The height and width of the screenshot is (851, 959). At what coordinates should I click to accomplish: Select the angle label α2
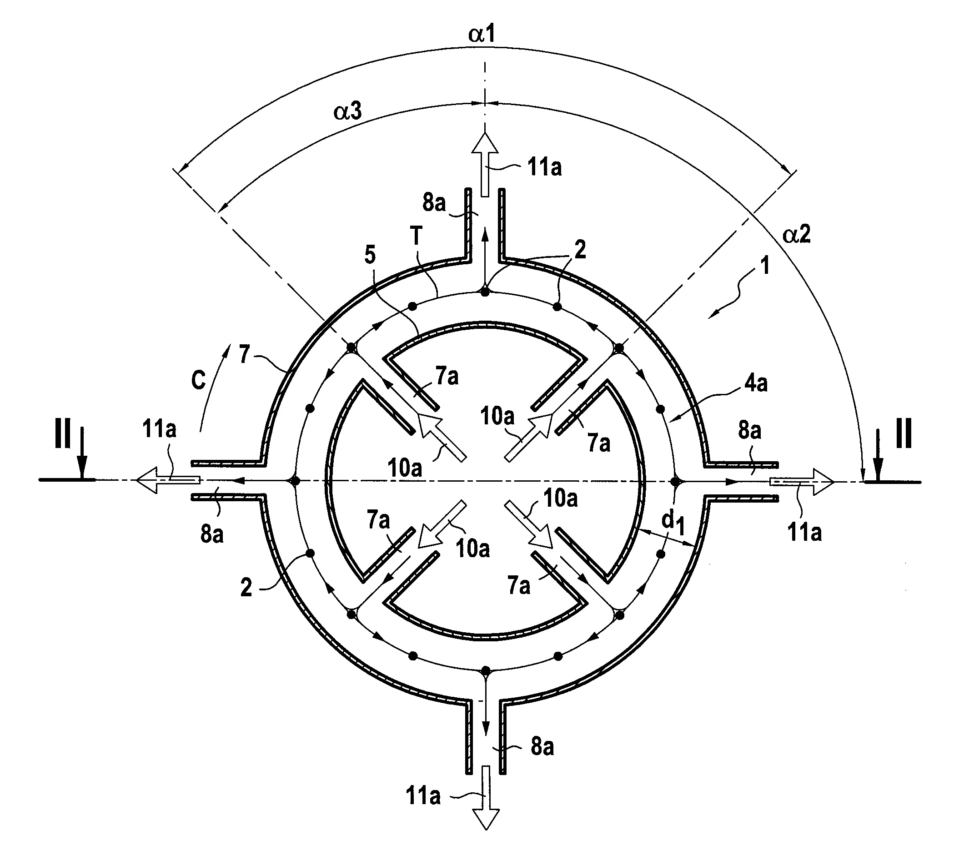[797, 234]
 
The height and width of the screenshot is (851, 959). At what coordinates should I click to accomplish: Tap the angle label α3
[348, 112]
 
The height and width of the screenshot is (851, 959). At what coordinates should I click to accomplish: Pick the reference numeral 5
[370, 255]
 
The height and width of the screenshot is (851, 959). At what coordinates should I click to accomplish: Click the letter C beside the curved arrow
[199, 380]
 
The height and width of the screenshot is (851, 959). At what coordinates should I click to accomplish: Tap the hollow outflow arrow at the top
[485, 164]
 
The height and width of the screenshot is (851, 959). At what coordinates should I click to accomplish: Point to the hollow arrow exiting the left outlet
[168, 480]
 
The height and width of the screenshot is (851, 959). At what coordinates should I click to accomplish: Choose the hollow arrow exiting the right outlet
[802, 481]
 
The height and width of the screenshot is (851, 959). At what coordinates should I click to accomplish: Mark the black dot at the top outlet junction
[485, 292]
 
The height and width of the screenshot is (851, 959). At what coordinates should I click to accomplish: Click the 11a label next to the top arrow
[545, 167]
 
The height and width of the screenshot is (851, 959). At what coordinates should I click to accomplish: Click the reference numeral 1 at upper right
[765, 266]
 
